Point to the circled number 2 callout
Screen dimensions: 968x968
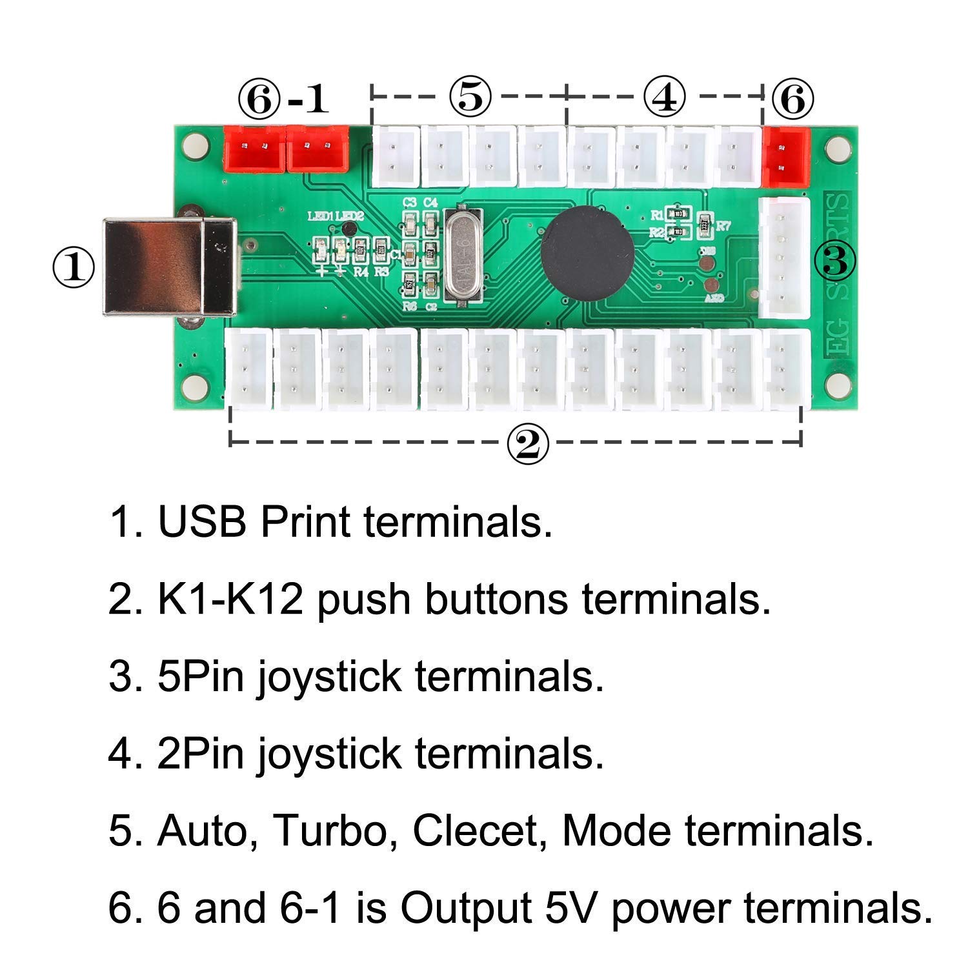[x=527, y=444]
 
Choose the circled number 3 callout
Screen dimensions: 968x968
[x=834, y=261]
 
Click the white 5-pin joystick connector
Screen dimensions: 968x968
[x=783, y=258]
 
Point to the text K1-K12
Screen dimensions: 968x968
[x=230, y=599]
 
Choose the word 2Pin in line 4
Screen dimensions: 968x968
[x=201, y=753]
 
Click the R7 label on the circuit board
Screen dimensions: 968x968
[x=723, y=226]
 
